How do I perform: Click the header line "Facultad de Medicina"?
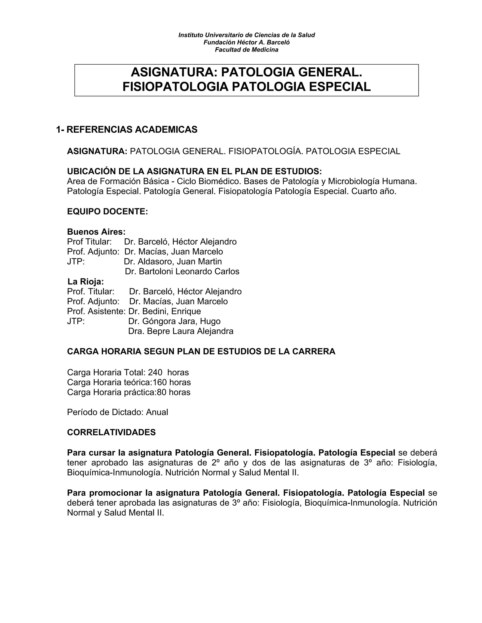click(246, 50)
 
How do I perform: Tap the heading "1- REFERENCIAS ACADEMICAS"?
click(126, 130)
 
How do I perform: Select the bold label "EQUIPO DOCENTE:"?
click(107, 212)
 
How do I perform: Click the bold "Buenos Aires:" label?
click(96, 232)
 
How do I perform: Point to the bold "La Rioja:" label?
click(86, 282)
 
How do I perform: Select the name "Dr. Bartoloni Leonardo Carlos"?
click(182, 272)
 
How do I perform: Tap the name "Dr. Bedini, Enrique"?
click(165, 311)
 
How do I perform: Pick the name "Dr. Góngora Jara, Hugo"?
click(174, 321)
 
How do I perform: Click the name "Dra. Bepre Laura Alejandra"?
click(181, 331)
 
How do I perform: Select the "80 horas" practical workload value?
click(174, 392)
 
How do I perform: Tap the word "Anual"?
click(157, 412)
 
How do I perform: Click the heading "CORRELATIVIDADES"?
click(111, 432)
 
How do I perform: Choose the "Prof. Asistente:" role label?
click(96, 311)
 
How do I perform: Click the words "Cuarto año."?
click(374, 191)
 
